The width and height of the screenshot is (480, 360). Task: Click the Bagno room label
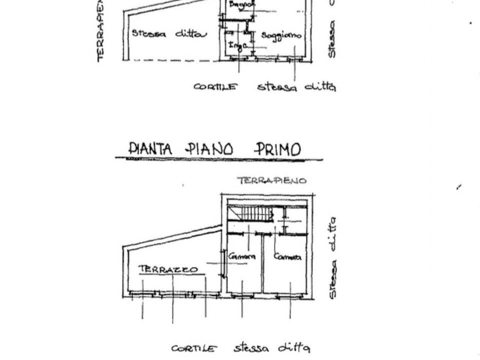[x=242, y=5]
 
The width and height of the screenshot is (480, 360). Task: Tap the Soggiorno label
[x=281, y=36]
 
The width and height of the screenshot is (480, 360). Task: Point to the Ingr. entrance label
[x=238, y=46]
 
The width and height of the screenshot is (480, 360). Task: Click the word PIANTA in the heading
[x=150, y=149]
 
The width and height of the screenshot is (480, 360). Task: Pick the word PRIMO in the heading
[x=277, y=149]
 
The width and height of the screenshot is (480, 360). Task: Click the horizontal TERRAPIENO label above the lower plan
[x=272, y=181]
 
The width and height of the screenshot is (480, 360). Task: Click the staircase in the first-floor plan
[x=251, y=214]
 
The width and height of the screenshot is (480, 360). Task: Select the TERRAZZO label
[x=168, y=269]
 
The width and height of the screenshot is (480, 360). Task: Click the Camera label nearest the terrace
[x=242, y=257]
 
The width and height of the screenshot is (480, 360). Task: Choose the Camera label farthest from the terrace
[x=287, y=257]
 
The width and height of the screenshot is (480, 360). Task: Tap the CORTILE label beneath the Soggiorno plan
[x=216, y=87]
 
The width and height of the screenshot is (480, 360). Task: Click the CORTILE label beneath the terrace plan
[x=194, y=349]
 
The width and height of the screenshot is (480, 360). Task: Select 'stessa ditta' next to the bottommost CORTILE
[x=272, y=348]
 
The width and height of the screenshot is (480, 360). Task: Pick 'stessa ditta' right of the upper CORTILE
[x=296, y=87]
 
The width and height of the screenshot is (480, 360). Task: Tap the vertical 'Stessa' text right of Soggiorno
[x=331, y=39]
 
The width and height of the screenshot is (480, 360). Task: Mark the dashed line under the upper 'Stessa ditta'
[x=172, y=60]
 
